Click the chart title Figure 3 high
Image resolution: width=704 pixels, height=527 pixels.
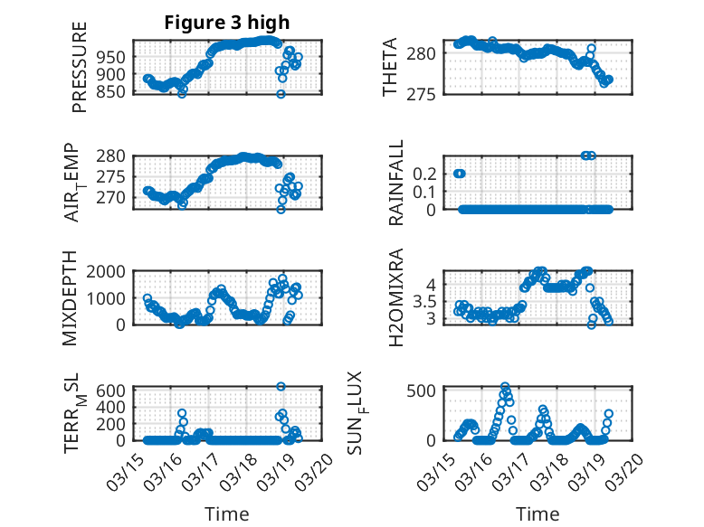tap(227, 23)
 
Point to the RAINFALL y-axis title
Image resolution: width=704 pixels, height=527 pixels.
tap(395, 183)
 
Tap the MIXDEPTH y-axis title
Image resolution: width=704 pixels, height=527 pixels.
tap(71, 297)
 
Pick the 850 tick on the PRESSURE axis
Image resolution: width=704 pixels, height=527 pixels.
tap(112, 91)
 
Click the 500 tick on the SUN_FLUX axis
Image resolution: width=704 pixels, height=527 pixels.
tap(426, 390)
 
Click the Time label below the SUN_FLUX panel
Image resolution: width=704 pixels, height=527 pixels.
tap(538, 514)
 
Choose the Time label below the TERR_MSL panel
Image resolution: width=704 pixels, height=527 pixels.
tap(227, 514)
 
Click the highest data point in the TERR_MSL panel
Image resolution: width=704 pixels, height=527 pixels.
tap(281, 386)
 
